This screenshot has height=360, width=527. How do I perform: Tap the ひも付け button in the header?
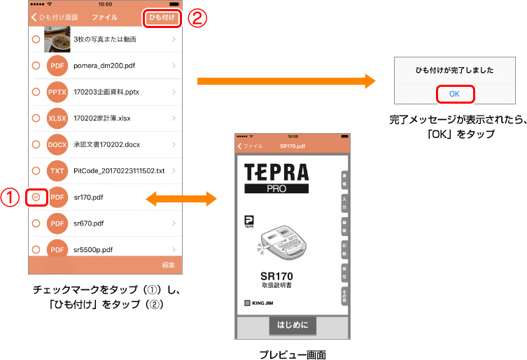point(162,18)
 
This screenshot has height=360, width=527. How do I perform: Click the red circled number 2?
point(198,18)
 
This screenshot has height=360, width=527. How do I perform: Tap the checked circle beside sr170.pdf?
point(36,198)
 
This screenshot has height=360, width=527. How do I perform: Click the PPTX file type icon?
point(57,92)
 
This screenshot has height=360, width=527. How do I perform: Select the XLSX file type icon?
point(57,118)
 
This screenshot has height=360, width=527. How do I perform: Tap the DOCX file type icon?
point(57,145)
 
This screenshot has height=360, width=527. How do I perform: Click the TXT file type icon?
point(57,172)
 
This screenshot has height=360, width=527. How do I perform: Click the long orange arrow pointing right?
point(286,82)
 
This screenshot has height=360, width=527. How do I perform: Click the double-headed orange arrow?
point(181,199)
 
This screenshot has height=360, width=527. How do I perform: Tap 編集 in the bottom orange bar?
point(168,265)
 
